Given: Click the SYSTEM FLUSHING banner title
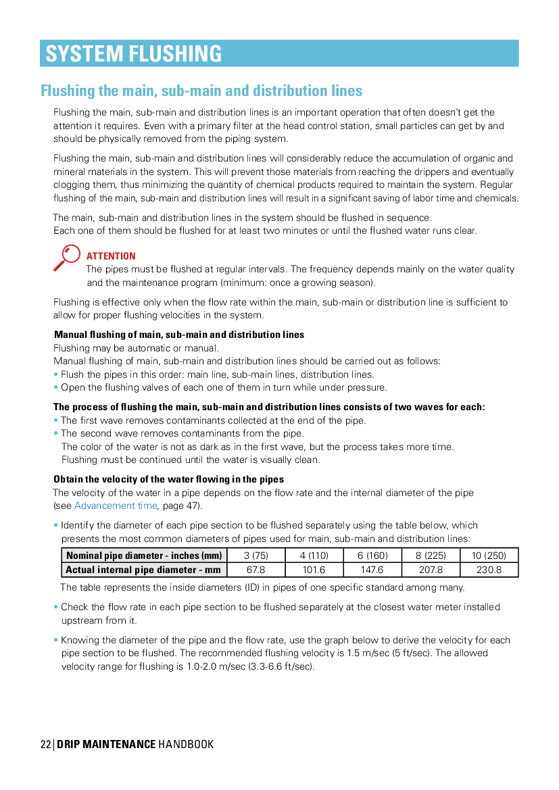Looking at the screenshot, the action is (134, 53).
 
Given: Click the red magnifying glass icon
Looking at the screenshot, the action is (67, 257).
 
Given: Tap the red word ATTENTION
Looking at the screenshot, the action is (111, 256).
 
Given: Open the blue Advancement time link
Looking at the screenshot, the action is (116, 505).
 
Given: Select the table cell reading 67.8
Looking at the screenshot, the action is (256, 570).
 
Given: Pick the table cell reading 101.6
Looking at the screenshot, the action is (314, 570).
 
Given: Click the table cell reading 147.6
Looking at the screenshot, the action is (372, 570).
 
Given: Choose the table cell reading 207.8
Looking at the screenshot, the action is (431, 570).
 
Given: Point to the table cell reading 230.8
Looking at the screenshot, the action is (489, 570).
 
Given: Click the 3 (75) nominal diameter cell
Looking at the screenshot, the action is (256, 556).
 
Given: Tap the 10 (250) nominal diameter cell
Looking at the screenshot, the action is (489, 556).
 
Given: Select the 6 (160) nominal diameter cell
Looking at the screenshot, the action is (372, 556).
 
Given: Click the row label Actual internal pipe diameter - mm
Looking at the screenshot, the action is (144, 570).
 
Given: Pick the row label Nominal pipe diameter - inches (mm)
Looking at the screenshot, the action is (144, 556).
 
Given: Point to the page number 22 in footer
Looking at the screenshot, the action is (45, 744).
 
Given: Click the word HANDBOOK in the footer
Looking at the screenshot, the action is (186, 744).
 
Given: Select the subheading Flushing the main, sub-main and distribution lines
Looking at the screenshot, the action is (201, 91).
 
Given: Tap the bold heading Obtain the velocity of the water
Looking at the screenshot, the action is (169, 479).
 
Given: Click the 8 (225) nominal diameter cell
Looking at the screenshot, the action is (431, 556).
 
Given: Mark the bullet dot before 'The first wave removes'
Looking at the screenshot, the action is (56, 420).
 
